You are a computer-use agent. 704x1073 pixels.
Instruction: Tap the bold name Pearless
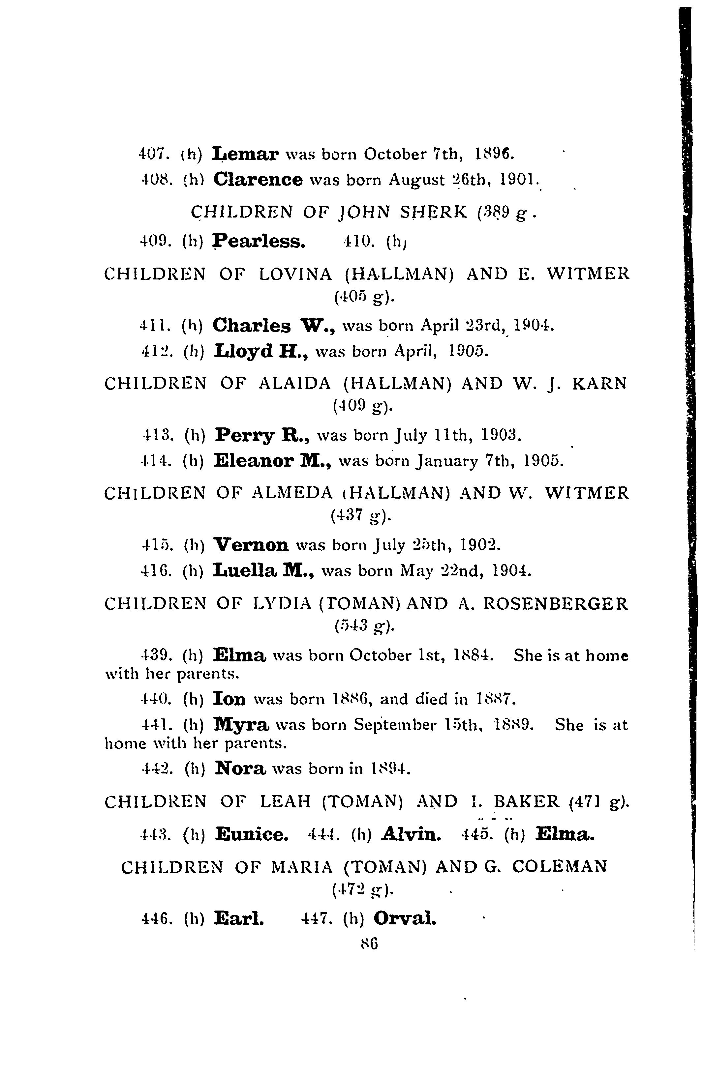click(x=259, y=241)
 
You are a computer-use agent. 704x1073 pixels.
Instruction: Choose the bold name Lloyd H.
click(x=261, y=351)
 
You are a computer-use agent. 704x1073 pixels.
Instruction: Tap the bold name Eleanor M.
click(x=272, y=460)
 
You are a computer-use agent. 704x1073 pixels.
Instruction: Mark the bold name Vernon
click(x=251, y=545)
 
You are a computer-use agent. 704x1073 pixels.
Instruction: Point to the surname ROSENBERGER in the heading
click(x=556, y=604)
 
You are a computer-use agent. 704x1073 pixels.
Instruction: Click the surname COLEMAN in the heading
click(x=559, y=866)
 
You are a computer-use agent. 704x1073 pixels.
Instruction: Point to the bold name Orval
click(x=405, y=917)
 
